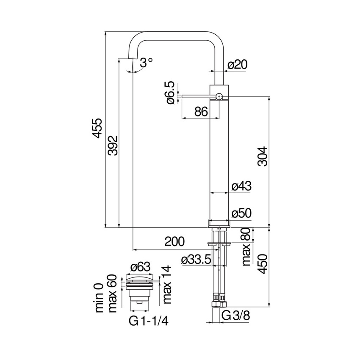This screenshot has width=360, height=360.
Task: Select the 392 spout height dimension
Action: point(112,146)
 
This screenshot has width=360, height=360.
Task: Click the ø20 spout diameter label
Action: point(237,65)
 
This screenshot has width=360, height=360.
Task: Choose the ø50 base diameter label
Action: point(241,213)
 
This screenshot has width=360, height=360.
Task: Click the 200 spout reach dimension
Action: point(174,242)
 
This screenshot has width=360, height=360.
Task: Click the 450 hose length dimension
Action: point(263,265)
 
